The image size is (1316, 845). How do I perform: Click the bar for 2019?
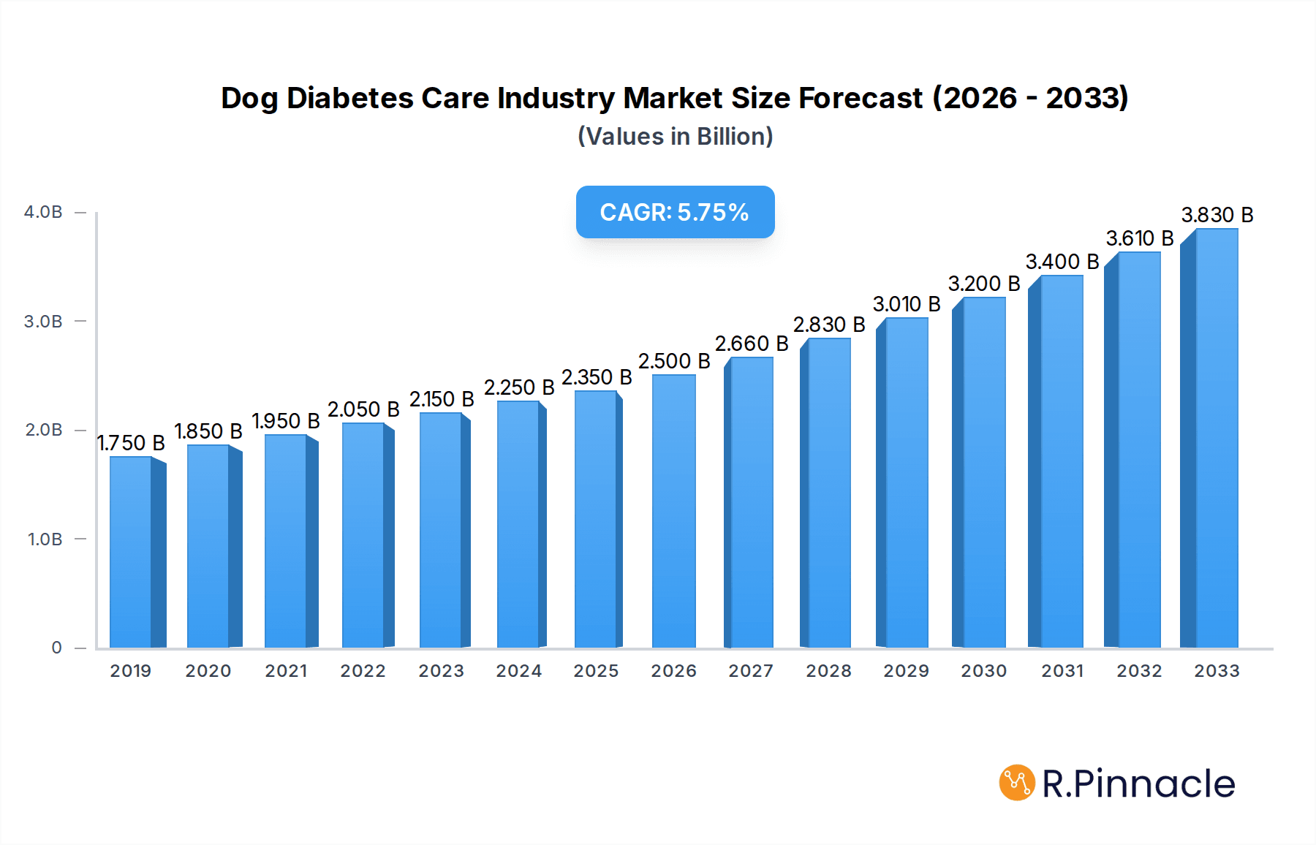pyautogui.click(x=131, y=552)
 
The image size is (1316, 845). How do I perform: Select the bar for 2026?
pyautogui.click(x=673, y=512)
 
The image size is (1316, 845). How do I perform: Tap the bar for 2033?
pyautogui.click(x=1217, y=439)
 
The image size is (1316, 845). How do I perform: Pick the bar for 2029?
pyautogui.click(x=907, y=482)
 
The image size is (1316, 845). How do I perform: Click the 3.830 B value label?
pyautogui.click(x=1217, y=215)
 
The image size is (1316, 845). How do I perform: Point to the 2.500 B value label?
pyautogui.click(x=674, y=361)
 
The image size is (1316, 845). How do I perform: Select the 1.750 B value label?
pyautogui.click(x=131, y=443)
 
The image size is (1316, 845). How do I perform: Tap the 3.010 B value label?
pyautogui.click(x=907, y=304)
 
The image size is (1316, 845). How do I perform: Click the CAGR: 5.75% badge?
pyautogui.click(x=675, y=212)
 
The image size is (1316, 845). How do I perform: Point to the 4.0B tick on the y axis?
pyautogui.click(x=43, y=212)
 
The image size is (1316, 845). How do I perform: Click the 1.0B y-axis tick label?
pyautogui.click(x=45, y=539)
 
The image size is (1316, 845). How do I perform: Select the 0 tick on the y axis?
pyautogui.click(x=56, y=648)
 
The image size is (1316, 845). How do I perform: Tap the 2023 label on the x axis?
pyautogui.click(x=441, y=671)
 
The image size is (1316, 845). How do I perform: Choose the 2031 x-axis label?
pyautogui.click(x=1062, y=671)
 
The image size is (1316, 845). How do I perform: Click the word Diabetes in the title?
pyautogui.click(x=349, y=98)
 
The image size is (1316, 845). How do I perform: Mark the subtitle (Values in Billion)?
pyautogui.click(x=675, y=137)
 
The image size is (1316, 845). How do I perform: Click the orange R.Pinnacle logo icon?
pyautogui.click(x=1017, y=783)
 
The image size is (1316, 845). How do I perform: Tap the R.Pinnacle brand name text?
pyautogui.click(x=1138, y=784)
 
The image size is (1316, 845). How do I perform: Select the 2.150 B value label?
pyautogui.click(x=442, y=399)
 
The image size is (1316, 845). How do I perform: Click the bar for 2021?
pyautogui.click(x=286, y=541)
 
